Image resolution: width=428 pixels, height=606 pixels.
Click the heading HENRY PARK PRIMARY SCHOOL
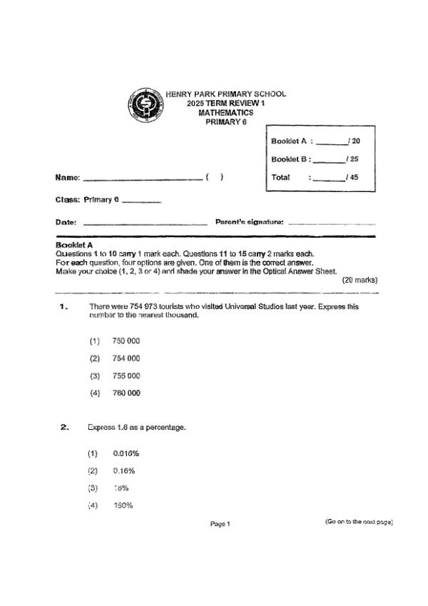tap(225, 94)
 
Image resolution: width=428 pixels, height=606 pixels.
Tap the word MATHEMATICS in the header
tap(225, 113)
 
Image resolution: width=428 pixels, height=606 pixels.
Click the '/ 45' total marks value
tap(352, 177)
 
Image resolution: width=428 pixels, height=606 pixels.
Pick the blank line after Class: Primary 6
tap(141, 201)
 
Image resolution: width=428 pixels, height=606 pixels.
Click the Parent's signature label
tap(250, 222)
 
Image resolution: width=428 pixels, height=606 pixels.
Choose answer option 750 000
tap(126, 341)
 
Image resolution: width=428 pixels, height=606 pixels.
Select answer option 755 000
tap(126, 376)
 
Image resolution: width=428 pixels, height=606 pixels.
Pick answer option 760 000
tap(126, 393)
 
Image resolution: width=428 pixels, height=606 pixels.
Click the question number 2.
tap(64, 427)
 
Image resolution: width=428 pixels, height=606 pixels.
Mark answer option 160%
tap(123, 505)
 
